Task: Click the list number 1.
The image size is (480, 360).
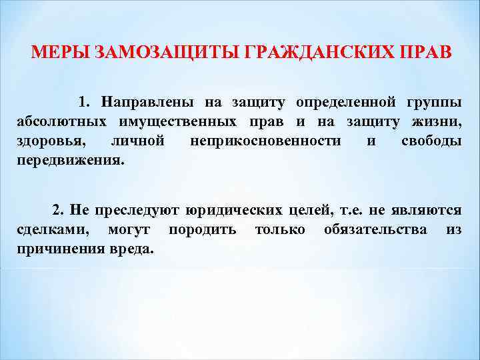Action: pos(83,103)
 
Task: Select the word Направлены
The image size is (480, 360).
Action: pos(147,103)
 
